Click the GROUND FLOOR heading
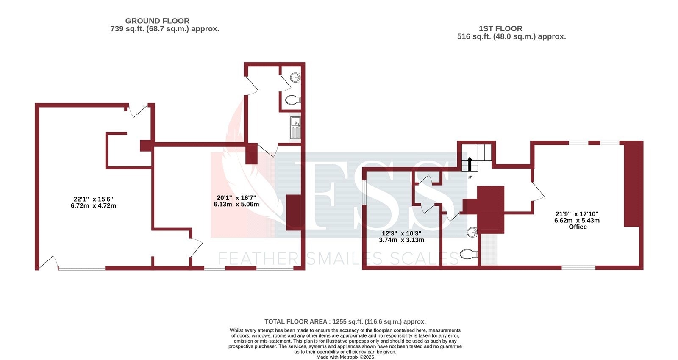point(157,21)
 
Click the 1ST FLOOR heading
point(500,28)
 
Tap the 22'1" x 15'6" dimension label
point(93,202)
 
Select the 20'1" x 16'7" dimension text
point(236,201)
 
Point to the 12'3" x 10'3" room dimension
point(401,237)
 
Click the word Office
point(578,227)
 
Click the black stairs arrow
point(470,163)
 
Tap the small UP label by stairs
point(470,177)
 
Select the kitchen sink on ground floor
point(295,128)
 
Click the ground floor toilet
point(292,100)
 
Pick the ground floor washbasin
point(295,77)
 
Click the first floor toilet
point(468,254)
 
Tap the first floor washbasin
point(472,232)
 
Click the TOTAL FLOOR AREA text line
point(345,322)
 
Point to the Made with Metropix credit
point(345,357)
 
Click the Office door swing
point(537,191)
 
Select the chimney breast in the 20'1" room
point(293,212)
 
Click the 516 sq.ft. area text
point(511,36)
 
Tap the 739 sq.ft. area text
point(164,29)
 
